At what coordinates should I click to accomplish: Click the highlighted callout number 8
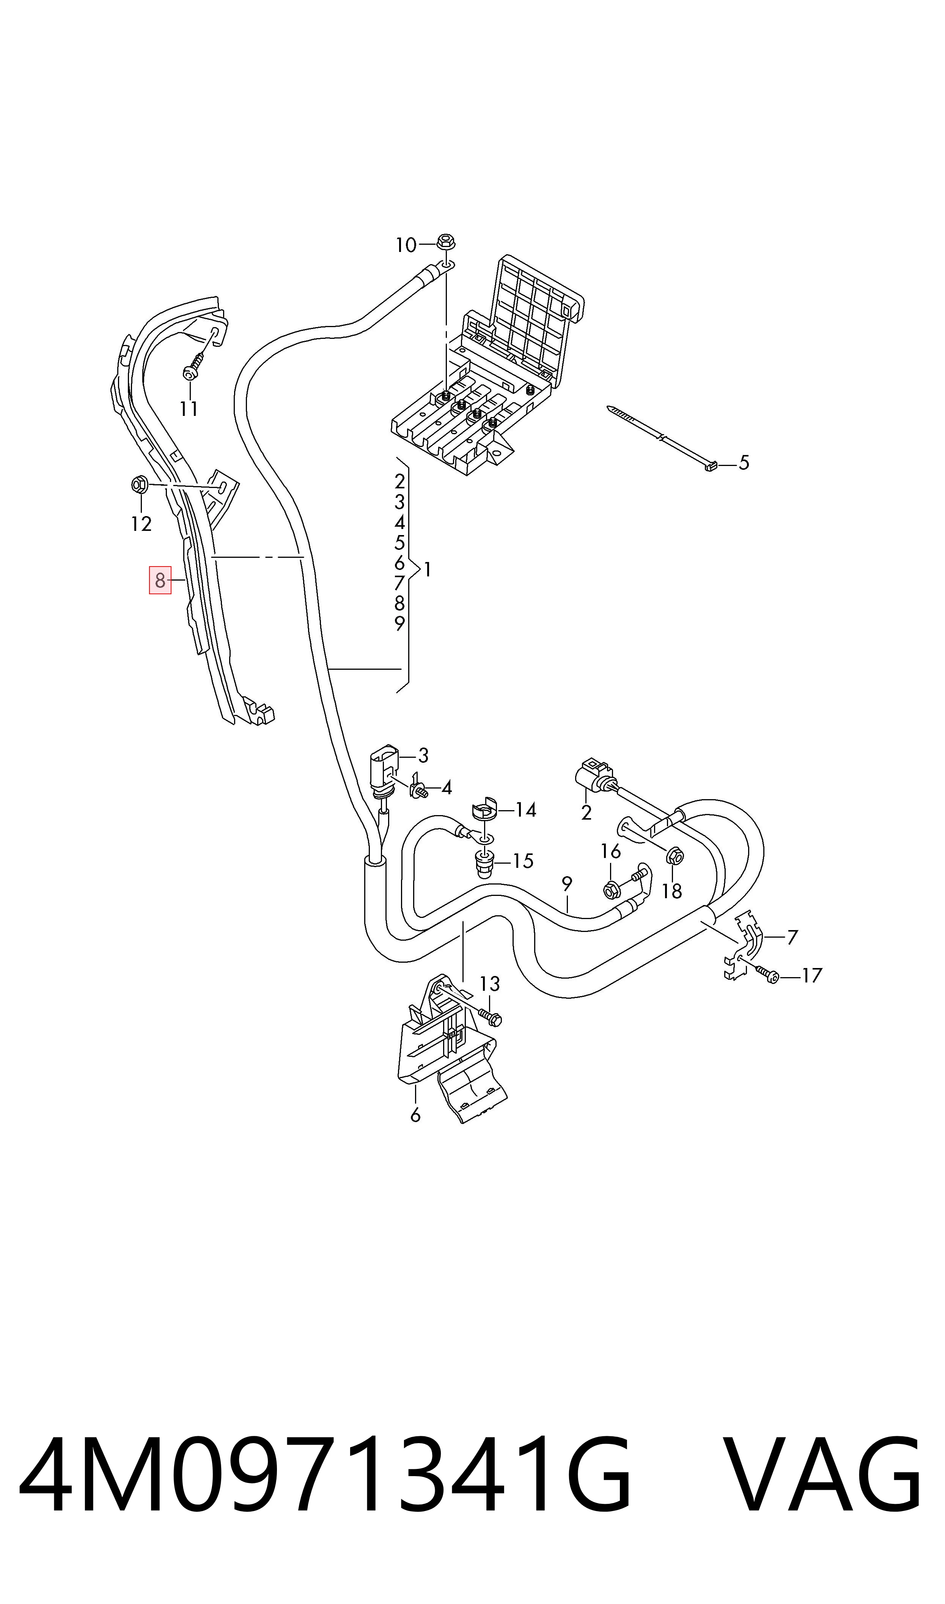[160, 580]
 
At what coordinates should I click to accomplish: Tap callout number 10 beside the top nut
[406, 245]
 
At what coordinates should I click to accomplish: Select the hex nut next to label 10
[446, 242]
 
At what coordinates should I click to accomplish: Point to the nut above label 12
[140, 485]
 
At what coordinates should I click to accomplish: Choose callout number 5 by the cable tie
[744, 463]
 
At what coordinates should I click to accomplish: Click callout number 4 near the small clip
[447, 788]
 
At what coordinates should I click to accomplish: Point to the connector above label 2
[595, 774]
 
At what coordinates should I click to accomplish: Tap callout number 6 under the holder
[415, 1115]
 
